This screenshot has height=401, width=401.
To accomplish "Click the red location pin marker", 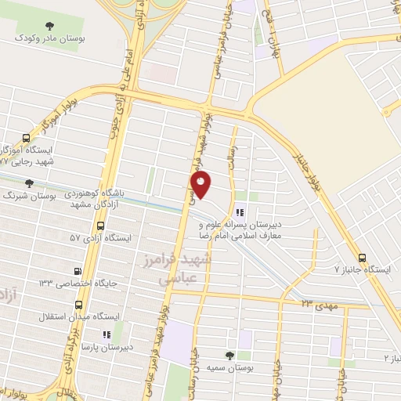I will click(202, 186).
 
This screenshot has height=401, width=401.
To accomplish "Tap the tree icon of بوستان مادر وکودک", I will click(52, 26).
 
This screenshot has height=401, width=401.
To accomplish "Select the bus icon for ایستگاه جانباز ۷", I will click(361, 257).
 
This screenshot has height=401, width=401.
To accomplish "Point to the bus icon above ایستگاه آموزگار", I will click(30, 139).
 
